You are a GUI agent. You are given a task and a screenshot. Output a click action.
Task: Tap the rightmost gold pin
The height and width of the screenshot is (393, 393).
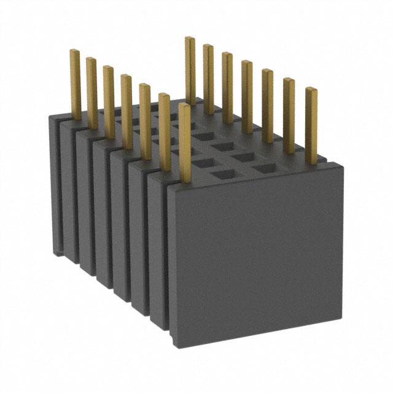[x=312, y=126]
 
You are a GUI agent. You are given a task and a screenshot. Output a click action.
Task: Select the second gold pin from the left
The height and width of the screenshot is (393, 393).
[x=91, y=92]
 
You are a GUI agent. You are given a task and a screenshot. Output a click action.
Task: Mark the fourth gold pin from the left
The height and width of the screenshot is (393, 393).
[x=126, y=111]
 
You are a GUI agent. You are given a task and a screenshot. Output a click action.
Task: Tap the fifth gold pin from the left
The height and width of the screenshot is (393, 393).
[x=146, y=120]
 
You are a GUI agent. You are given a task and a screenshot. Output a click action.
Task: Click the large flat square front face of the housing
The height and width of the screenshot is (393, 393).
[x=255, y=252]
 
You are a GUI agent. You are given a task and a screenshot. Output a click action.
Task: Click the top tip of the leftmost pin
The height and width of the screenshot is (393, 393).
[x=74, y=52]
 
